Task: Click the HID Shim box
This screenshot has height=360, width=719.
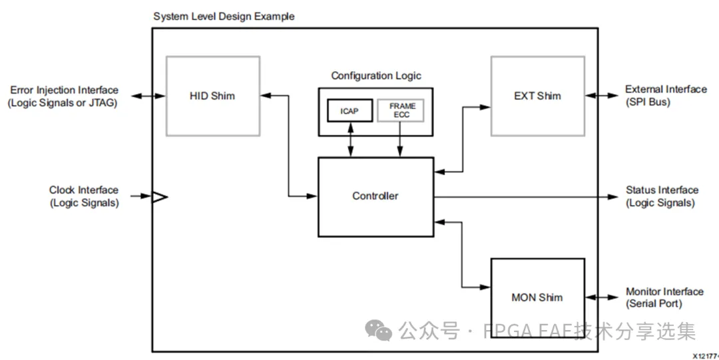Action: pyautogui.click(x=212, y=96)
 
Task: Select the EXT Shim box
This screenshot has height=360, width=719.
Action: pyautogui.click(x=537, y=96)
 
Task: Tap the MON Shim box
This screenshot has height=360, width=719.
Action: pyautogui.click(x=537, y=297)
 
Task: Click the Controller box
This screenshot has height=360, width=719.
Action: pyautogui.click(x=375, y=196)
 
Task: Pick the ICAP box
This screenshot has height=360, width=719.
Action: pyautogui.click(x=349, y=110)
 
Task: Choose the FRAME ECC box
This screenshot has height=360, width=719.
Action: pyautogui.click(x=401, y=110)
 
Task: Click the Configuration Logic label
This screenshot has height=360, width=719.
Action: pyautogui.click(x=376, y=76)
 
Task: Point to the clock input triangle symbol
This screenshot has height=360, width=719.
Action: pyautogui.click(x=160, y=196)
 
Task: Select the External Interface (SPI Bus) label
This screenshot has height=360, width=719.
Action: pyautogui.click(x=666, y=96)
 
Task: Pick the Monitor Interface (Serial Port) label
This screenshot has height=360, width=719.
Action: pyautogui.click(x=664, y=297)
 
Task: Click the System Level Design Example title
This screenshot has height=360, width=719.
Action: pyautogui.click(x=224, y=16)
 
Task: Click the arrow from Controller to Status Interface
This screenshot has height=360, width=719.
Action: pyautogui.click(x=526, y=196)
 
